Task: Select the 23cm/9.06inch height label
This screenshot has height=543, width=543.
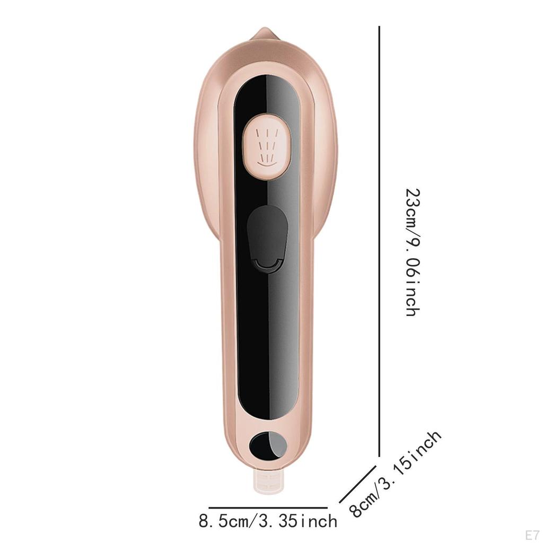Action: coord(413,252)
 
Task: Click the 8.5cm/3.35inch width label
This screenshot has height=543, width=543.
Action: coord(268,521)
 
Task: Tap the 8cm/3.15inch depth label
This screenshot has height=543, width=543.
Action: coord(395,474)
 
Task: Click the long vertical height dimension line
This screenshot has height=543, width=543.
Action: coord(380,241)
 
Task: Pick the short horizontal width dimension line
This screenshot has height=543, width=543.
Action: coord(268,507)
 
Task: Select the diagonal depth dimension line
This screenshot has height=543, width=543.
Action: coord(357,485)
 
